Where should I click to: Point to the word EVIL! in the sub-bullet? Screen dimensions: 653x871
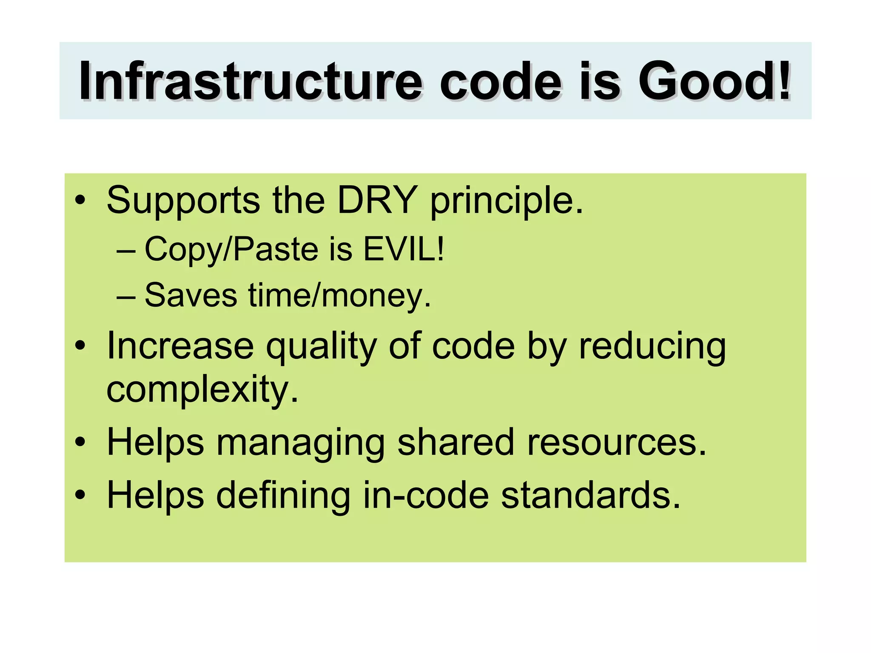[404, 249]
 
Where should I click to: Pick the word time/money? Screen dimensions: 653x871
[340, 295]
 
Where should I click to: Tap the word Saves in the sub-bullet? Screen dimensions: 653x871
[191, 295]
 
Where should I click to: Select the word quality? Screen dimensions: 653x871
[321, 348]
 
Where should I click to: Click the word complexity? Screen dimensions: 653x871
[202, 390]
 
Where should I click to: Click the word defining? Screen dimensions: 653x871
[283, 496]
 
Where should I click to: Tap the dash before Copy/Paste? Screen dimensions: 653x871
[126, 250]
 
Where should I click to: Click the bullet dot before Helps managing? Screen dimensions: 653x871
[80, 443]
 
